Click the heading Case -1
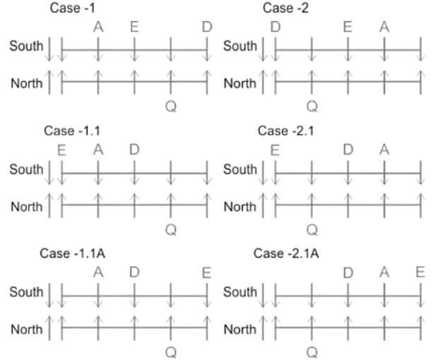click(x=73, y=8)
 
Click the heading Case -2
click(x=285, y=8)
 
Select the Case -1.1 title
click(x=72, y=131)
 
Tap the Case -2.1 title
click(x=285, y=131)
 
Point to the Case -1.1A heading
click(x=73, y=253)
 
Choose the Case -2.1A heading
click(x=286, y=253)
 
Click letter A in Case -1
click(x=98, y=27)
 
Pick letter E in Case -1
click(x=134, y=27)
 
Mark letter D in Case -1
click(x=207, y=27)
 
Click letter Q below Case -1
click(x=171, y=107)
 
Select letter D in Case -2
click(x=276, y=27)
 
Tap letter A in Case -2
click(x=384, y=27)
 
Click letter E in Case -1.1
click(x=62, y=150)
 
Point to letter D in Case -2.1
click(x=348, y=150)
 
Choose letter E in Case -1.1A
click(x=207, y=272)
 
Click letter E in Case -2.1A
click(x=420, y=272)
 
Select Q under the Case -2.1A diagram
click(x=312, y=352)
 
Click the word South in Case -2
click(x=240, y=46)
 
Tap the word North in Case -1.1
click(x=27, y=207)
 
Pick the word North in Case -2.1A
click(x=240, y=329)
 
